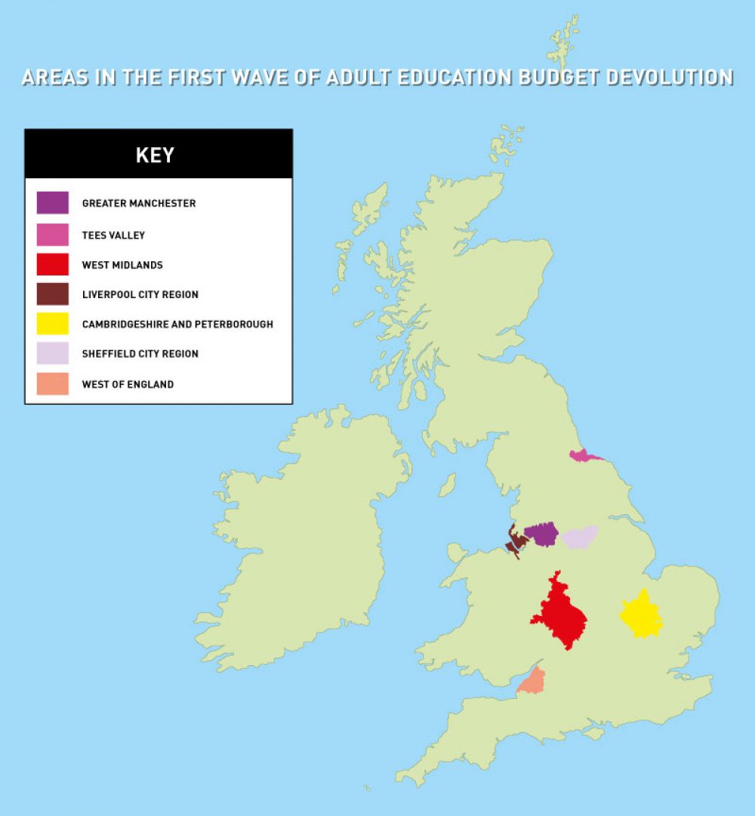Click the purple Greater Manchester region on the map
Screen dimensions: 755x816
coord(541,534)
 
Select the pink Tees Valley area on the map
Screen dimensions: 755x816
coord(582,456)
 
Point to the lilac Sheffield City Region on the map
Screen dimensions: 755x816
coord(580,537)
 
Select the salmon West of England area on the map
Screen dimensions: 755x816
coord(532,682)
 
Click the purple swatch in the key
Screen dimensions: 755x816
coord(53,203)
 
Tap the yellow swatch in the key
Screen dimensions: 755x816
coord(53,324)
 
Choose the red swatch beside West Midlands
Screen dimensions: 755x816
coord(53,264)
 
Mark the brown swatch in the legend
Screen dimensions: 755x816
coord(53,294)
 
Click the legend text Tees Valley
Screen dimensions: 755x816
coord(113,235)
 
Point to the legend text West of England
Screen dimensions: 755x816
coord(128,384)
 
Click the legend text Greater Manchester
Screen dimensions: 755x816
coord(139,203)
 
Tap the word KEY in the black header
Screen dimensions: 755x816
coord(155,156)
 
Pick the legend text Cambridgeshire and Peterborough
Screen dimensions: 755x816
coord(177,324)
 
